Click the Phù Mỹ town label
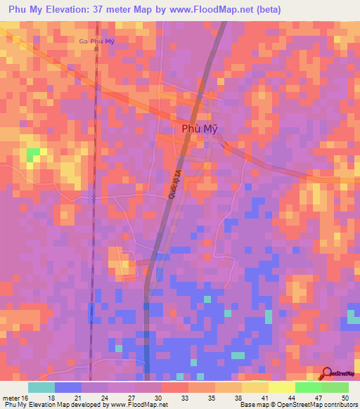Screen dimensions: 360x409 [193, 129]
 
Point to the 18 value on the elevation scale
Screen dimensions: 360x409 [51, 397]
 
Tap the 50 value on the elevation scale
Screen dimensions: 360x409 [345, 397]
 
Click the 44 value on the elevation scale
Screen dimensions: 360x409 [291, 397]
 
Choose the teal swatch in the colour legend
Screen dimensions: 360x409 [41, 387]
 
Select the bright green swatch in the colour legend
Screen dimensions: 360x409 [309, 387]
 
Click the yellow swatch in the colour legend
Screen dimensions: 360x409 [282, 387]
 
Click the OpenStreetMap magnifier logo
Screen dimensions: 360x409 [328, 373]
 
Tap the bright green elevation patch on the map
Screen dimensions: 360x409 [32, 155]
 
